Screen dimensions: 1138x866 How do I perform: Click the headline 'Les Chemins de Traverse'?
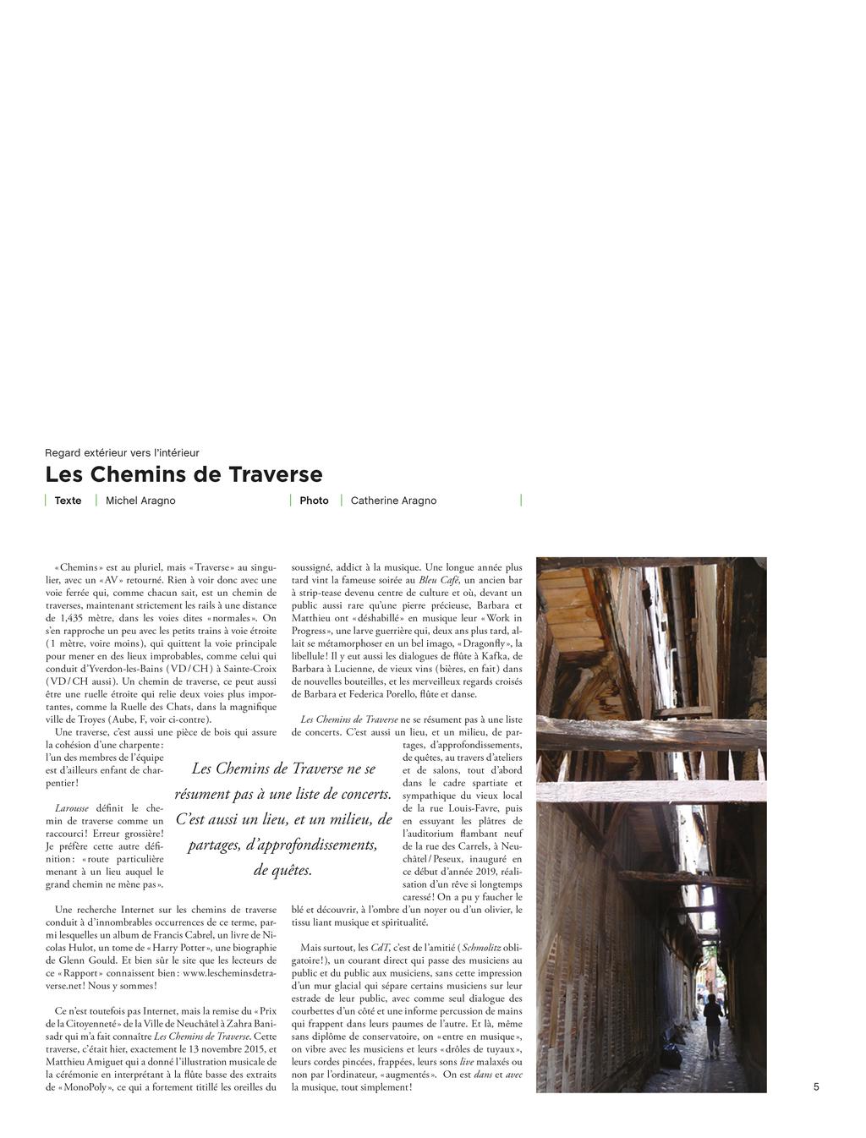184,474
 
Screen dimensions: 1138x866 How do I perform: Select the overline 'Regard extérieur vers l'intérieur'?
122,453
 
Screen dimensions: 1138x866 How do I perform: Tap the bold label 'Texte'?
68,501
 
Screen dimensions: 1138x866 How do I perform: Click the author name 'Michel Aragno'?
140,501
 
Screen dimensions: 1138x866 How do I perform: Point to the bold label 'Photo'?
314,501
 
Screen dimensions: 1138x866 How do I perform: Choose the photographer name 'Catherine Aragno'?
393,501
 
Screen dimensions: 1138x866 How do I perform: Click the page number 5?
816,1087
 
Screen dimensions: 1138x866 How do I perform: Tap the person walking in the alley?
713,1024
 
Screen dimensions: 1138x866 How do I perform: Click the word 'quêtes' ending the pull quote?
292,870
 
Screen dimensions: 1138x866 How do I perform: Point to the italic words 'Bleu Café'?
439,581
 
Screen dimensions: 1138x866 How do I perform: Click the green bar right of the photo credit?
521,501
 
